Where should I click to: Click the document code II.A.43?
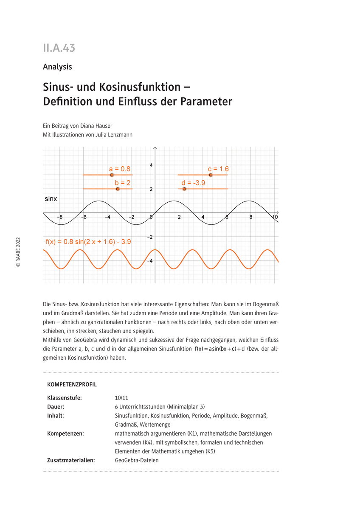[x=59, y=48]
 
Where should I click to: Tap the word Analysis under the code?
[x=57, y=67]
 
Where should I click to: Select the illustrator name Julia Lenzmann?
[x=118, y=134]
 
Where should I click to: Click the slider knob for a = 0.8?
[x=112, y=175]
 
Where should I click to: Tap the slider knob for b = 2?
[x=118, y=189]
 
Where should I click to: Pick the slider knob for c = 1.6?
[x=211, y=175]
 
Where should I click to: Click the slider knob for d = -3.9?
[x=184, y=189]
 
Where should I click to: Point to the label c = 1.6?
[x=218, y=169]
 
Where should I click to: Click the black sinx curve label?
[x=51, y=199]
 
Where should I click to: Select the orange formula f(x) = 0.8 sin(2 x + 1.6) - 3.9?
[x=88, y=242]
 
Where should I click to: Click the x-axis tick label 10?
[x=275, y=217]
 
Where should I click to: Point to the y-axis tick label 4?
[x=150, y=165]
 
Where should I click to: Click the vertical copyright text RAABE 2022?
[x=18, y=252]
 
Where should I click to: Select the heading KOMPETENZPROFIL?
[x=72, y=385]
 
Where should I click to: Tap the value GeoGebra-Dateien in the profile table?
[x=137, y=460]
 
